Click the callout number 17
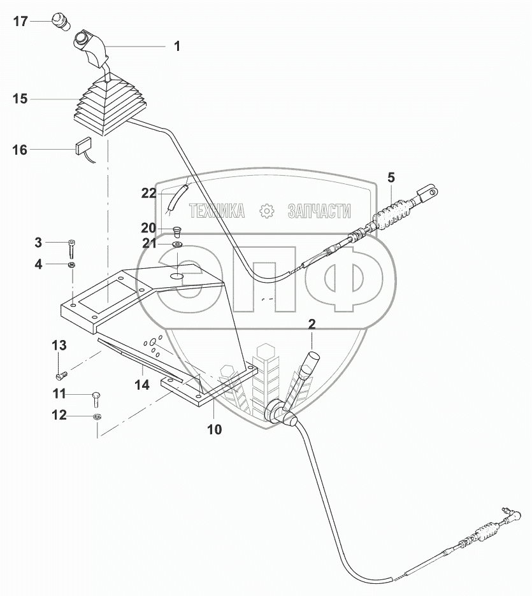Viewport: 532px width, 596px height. (x=20, y=22)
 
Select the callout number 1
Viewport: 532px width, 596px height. (x=177, y=46)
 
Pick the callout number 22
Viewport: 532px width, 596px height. (x=148, y=194)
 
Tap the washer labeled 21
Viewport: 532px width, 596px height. (x=176, y=245)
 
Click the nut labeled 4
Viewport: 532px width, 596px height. (x=72, y=265)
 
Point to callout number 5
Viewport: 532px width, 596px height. (x=391, y=177)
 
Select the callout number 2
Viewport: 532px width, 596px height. (x=312, y=324)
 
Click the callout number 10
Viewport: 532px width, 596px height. (x=215, y=429)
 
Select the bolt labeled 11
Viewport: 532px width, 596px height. (x=96, y=397)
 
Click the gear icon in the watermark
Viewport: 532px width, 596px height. (x=266, y=211)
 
